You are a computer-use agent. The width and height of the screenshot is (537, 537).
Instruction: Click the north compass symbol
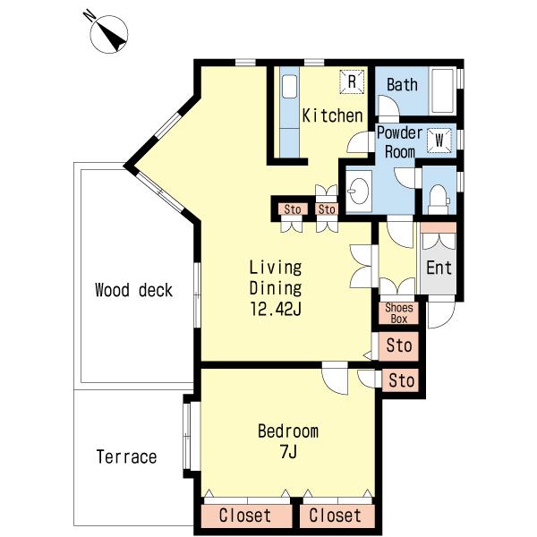pyautogui.click(x=108, y=34)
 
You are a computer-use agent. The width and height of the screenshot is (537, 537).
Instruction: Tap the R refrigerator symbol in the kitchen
pyautogui.click(x=352, y=81)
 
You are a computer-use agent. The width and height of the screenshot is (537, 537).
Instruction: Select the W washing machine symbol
pyautogui.click(x=439, y=141)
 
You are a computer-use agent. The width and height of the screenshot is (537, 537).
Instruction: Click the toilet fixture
pyautogui.click(x=439, y=200)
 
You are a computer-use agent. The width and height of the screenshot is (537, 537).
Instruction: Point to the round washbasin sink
pyautogui.click(x=359, y=192)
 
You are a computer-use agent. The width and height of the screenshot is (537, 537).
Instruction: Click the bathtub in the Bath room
pyautogui.click(x=442, y=90)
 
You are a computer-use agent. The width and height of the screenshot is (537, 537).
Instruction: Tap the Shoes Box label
pyautogui.click(x=399, y=313)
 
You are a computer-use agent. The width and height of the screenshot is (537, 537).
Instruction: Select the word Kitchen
pyautogui.click(x=332, y=115)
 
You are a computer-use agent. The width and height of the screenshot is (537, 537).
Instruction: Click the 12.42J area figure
pyautogui.click(x=276, y=309)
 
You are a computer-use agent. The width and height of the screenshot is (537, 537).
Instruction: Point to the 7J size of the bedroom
pyautogui.click(x=288, y=452)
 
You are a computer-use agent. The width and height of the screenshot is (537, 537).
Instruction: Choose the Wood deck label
pyautogui.click(x=133, y=290)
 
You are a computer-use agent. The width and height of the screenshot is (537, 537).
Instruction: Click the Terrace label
pyautogui.click(x=126, y=456)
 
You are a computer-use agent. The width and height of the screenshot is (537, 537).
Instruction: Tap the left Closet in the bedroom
pyautogui.click(x=245, y=516)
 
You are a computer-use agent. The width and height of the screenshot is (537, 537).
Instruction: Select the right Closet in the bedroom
pyautogui.click(x=335, y=516)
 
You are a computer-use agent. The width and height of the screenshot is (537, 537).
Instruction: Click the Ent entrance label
pyautogui.click(x=439, y=267)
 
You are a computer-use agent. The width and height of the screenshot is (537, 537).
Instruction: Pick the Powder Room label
pyautogui.click(x=400, y=142)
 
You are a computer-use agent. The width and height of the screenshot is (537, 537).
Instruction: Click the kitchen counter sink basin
pyautogui.click(x=289, y=86)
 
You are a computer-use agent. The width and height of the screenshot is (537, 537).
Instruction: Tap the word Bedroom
pyautogui.click(x=288, y=430)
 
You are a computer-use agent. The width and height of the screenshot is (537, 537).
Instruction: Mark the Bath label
pyautogui.click(x=402, y=84)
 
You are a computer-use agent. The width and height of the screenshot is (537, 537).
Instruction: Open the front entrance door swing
pyautogui.click(x=442, y=312)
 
